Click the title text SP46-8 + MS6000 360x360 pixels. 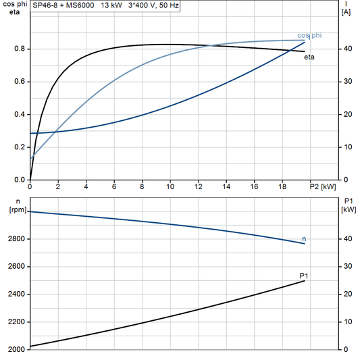point(63,5)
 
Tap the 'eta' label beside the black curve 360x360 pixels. point(309,57)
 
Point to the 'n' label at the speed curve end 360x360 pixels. point(304,239)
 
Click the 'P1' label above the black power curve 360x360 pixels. point(304,275)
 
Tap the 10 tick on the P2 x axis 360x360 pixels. point(170,187)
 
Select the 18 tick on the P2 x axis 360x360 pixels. point(282,187)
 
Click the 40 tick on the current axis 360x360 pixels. point(347,49)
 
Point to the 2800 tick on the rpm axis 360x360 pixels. point(15,239)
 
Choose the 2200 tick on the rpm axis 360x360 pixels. point(15,322)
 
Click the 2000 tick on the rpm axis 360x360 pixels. point(15,349)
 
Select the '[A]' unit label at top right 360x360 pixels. point(346,12)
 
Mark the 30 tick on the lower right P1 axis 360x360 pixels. point(347,267)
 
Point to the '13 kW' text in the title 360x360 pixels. point(111,5)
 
